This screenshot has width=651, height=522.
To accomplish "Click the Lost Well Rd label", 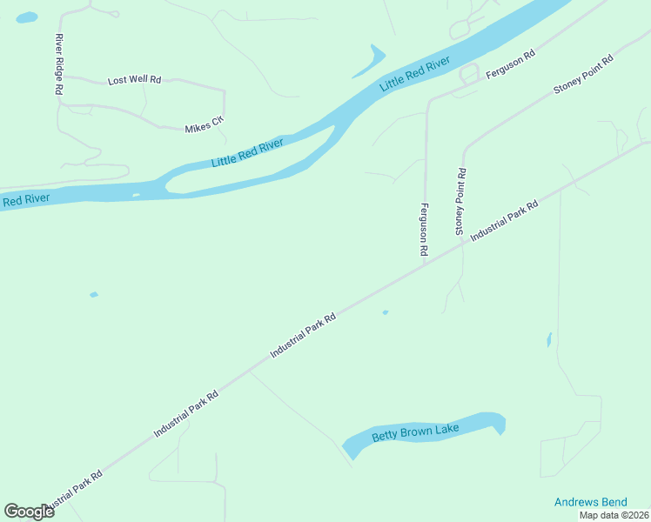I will tap(134, 80).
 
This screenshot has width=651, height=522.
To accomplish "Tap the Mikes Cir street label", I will tap(204, 127).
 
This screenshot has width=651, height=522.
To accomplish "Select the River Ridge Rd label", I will tap(59, 64).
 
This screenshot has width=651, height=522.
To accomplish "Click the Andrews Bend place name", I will tap(590, 502).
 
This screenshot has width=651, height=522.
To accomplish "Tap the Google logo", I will tap(29, 511).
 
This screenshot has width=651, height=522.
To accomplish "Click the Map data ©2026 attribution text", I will tap(614, 515).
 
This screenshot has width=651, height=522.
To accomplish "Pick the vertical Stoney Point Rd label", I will tap(460, 202).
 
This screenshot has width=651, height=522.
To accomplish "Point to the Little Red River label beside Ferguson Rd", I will tap(415, 75).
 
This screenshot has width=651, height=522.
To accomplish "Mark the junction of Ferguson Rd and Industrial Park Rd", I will tap(424, 264).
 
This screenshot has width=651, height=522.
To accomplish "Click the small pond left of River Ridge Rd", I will tap(27, 17).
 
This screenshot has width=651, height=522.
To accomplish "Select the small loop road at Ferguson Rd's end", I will tap(469, 76).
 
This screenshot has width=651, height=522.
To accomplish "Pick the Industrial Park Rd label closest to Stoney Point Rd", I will tap(505, 222).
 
